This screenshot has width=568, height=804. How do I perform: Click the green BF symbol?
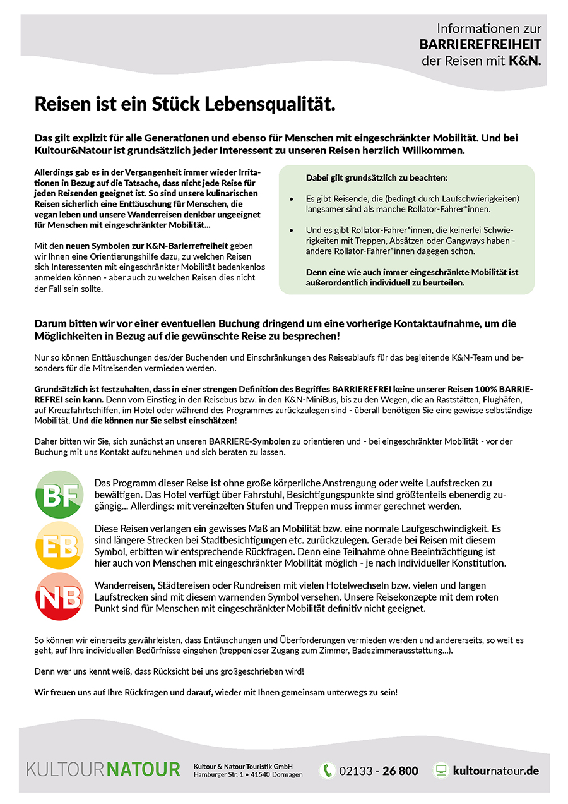(59, 495)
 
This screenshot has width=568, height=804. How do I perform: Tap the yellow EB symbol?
(59, 545)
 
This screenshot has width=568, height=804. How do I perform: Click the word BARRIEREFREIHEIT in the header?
(480, 45)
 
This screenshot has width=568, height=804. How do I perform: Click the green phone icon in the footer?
(327, 771)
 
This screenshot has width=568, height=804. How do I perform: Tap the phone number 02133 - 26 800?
(378, 771)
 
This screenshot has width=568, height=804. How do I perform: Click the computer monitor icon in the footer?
(441, 771)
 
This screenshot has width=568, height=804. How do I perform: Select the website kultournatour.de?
(495, 771)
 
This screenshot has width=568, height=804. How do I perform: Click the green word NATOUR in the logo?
(143, 770)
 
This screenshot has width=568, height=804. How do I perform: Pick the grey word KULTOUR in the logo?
(66, 770)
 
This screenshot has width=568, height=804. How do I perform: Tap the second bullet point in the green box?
(291, 231)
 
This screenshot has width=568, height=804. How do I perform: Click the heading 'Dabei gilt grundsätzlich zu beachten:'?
(377, 178)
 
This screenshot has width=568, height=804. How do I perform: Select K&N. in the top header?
(525, 61)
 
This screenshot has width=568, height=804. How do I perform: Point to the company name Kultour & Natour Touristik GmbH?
(243, 766)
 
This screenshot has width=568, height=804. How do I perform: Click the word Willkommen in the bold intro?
(438, 151)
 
